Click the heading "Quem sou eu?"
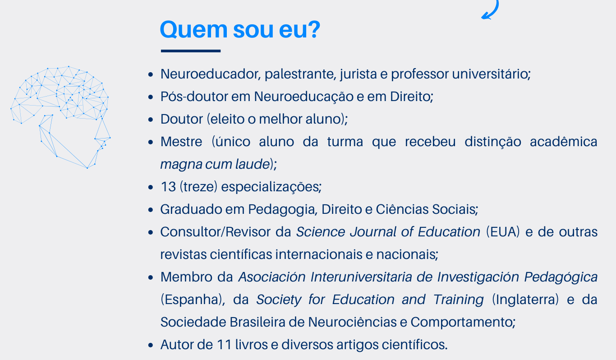click(240, 30)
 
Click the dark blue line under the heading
click(191, 51)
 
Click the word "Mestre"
click(181, 142)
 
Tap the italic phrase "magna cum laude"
click(215, 164)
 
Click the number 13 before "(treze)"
click(168, 187)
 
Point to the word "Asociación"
click(272, 277)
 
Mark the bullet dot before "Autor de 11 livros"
click(152, 345)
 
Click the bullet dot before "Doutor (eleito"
click(152, 120)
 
